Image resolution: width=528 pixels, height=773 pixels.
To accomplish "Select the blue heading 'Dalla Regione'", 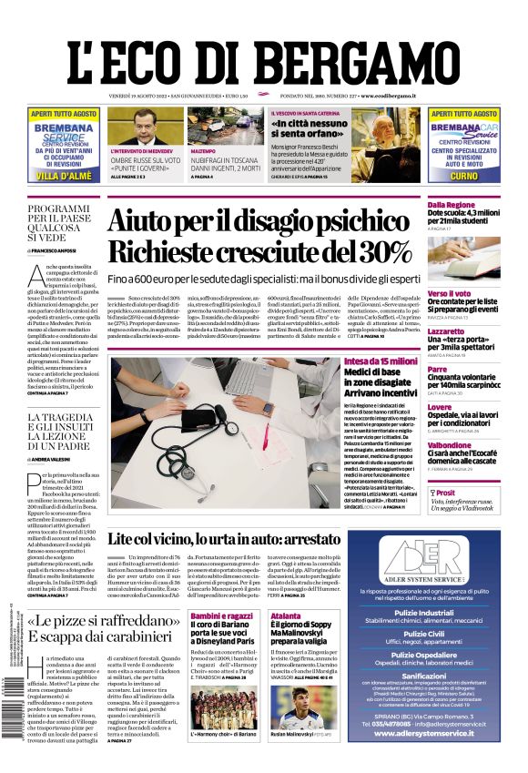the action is [452, 206].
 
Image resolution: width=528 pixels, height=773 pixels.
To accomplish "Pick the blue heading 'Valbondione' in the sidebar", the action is [451, 445].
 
